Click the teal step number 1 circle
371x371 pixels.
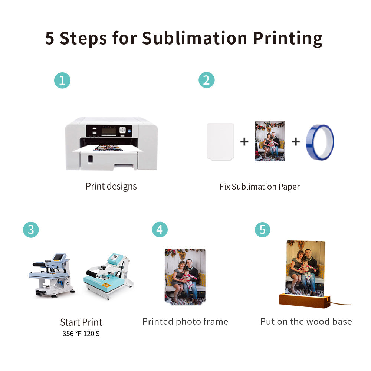(x=62, y=81)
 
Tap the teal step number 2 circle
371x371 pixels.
(x=206, y=81)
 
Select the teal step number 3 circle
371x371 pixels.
(x=31, y=230)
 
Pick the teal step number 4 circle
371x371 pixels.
(x=160, y=230)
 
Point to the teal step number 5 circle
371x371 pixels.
(x=262, y=230)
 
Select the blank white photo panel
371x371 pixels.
(x=220, y=141)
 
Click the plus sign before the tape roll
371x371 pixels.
(x=296, y=141)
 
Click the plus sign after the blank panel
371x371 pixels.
(x=244, y=141)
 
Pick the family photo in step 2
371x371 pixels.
(x=270, y=141)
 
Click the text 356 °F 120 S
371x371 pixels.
(x=81, y=334)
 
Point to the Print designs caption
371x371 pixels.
(x=111, y=186)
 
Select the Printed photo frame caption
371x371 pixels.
(x=185, y=321)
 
